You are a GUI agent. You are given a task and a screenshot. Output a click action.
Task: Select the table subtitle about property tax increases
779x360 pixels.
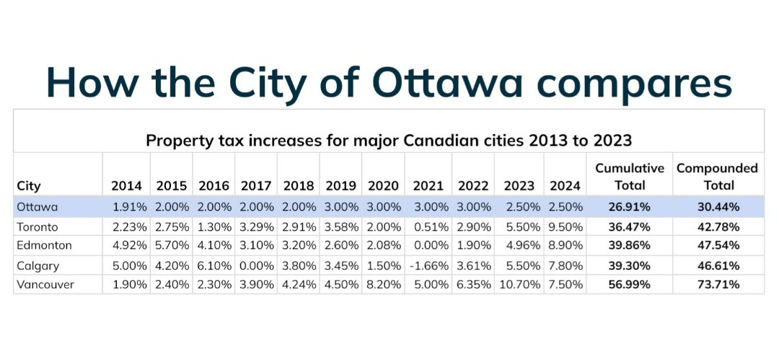tap(389, 141)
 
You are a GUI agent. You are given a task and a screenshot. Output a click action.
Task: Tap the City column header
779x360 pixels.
tap(29, 186)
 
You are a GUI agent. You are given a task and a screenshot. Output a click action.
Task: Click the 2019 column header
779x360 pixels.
tap(340, 186)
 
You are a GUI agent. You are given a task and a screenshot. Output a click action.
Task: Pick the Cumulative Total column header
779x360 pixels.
tap(630, 177)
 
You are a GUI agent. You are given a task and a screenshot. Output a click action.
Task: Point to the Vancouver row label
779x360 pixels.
tap(45, 284)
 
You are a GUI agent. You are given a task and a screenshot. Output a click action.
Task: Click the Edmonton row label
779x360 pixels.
tap(44, 245)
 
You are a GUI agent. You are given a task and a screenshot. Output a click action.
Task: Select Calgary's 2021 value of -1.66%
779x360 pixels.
tap(428, 265)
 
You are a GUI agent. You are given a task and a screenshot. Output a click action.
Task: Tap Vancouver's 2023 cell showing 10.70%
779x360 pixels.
tap(520, 284)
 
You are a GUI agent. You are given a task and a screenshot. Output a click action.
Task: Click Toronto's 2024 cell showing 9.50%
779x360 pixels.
tap(565, 227)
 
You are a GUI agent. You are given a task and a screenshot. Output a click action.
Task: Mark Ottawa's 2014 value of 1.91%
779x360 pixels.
tap(130, 207)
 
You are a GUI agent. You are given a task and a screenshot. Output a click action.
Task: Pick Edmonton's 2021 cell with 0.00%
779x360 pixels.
tap(430, 245)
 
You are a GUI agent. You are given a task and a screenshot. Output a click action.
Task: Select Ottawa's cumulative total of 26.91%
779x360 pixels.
tap(630, 207)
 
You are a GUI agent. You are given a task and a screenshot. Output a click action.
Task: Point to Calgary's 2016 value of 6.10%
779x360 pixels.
tap(215, 265)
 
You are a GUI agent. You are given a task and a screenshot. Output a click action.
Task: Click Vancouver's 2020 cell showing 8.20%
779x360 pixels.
tap(384, 284)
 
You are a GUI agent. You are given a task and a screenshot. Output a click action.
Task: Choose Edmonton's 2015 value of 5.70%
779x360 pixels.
tap(172, 245)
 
